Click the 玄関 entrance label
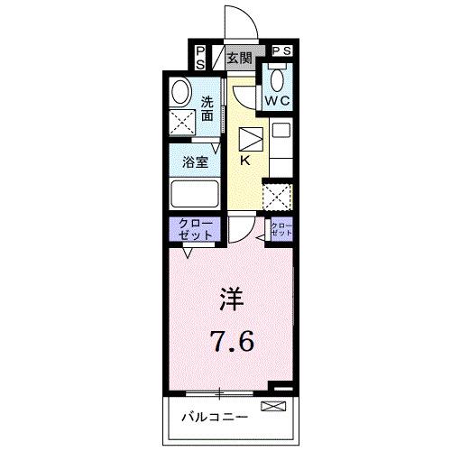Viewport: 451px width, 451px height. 239,58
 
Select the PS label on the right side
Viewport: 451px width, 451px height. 281,51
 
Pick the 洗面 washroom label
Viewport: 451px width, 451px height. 208,108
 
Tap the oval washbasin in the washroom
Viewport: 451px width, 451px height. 179,92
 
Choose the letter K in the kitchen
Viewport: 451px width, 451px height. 244,161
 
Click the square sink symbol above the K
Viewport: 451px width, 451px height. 249,139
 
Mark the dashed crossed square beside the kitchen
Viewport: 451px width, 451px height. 275,196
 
